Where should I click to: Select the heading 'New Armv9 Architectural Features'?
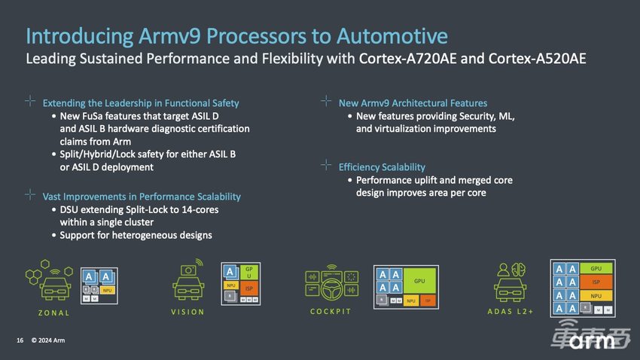click(413, 103)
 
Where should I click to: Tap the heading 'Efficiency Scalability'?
click(382, 166)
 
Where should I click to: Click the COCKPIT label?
click(331, 312)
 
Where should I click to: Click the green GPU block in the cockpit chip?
click(419, 280)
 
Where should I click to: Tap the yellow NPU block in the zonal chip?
click(107, 290)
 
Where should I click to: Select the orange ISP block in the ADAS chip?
click(596, 282)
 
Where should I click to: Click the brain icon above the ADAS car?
click(518, 270)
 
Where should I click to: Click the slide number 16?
click(20, 340)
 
